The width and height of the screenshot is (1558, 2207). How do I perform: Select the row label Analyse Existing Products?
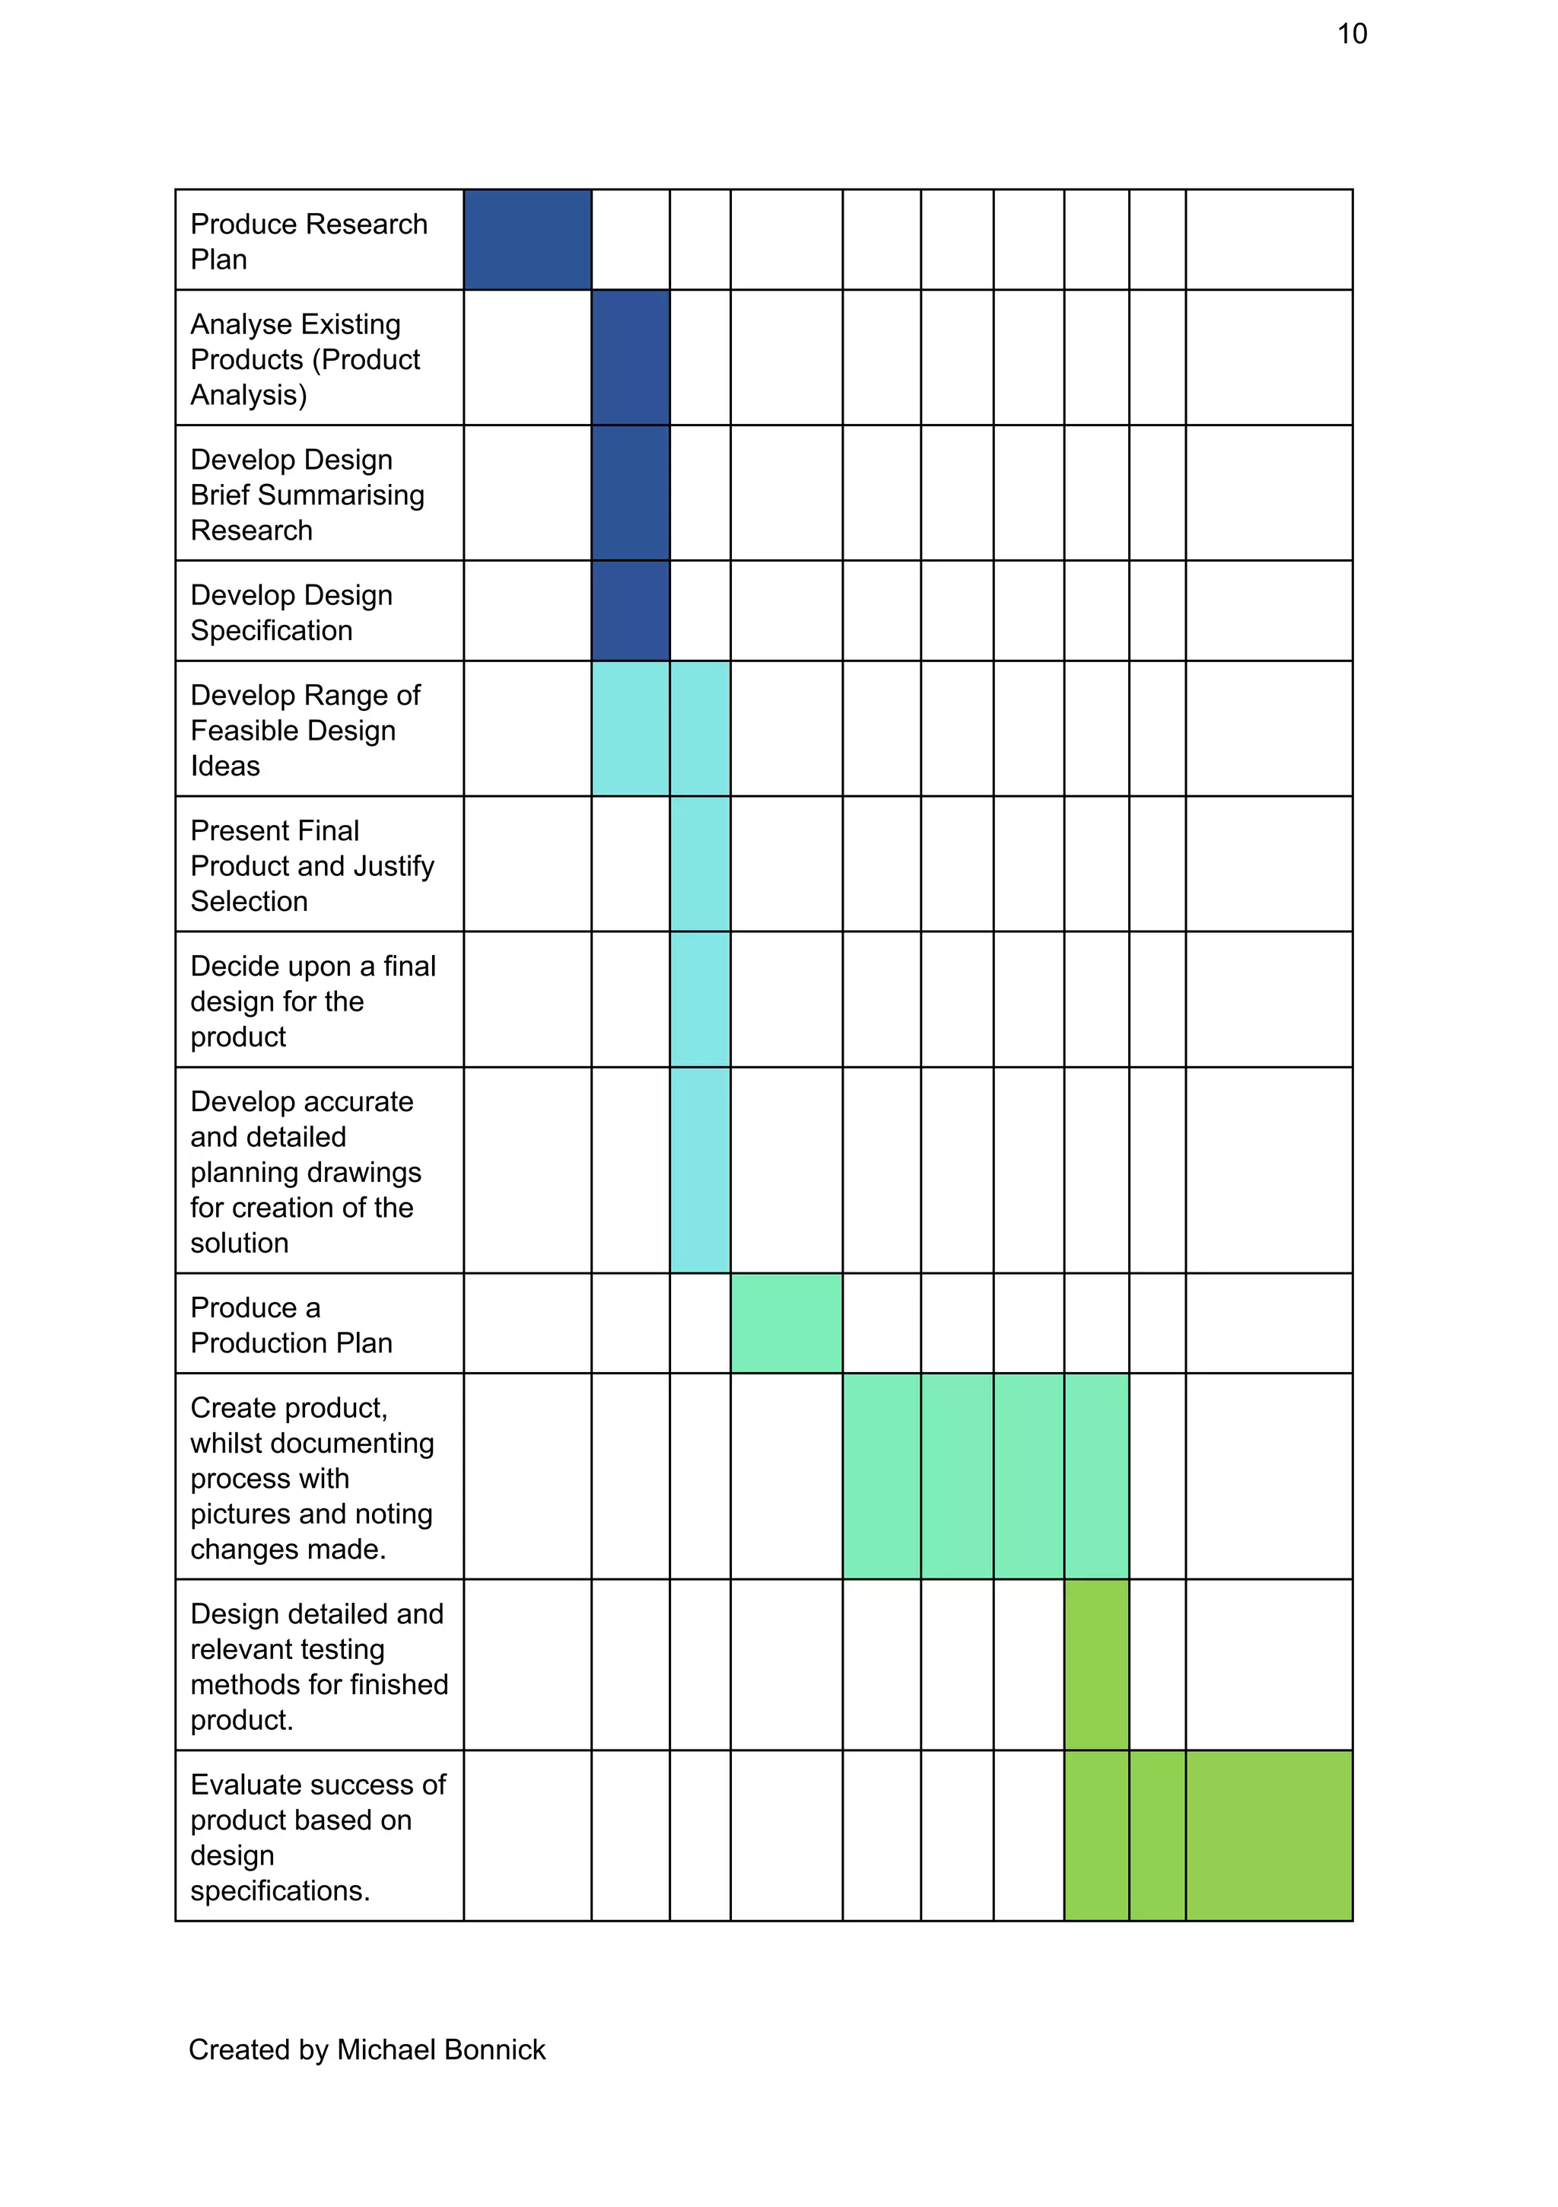click(x=305, y=358)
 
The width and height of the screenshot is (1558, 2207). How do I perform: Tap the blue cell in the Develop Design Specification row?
click(x=630, y=610)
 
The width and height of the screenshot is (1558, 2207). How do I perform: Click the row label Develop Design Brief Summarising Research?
click(x=307, y=494)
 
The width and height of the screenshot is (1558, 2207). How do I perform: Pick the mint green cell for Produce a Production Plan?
click(x=785, y=1323)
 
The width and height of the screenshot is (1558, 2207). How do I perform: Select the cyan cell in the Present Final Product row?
click(x=700, y=863)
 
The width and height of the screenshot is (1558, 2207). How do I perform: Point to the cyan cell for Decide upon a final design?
click(x=700, y=998)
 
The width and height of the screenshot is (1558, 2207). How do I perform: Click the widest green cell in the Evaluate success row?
click(x=1269, y=1835)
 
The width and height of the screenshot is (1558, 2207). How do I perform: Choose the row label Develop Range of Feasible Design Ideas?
click(x=305, y=731)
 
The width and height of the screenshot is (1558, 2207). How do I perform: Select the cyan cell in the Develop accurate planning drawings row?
click(x=700, y=1170)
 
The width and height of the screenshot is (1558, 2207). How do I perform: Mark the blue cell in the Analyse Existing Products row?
click(x=630, y=358)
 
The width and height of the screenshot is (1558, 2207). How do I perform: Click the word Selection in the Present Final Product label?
click(x=249, y=902)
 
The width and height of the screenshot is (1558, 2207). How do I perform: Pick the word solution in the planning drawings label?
click(x=240, y=1243)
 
